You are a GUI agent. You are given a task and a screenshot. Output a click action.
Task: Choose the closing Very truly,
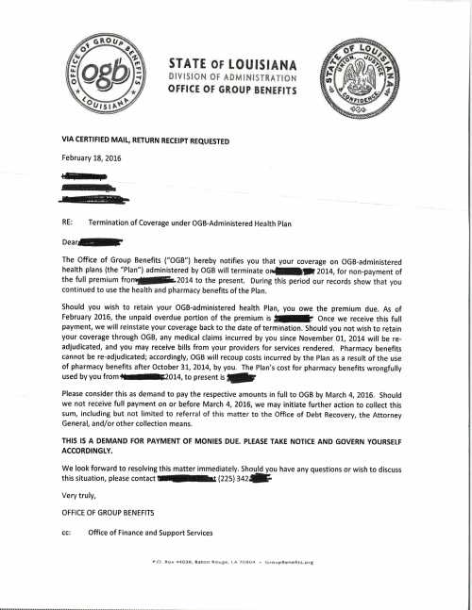[79, 497]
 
